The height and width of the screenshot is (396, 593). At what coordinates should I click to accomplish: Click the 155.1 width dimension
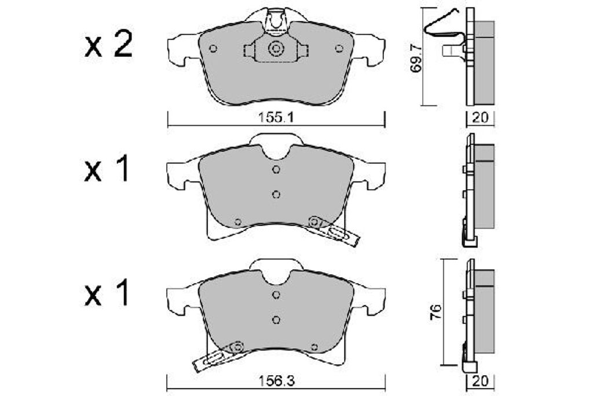pyautogui.click(x=276, y=118)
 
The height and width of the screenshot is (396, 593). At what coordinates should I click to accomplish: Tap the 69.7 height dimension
pyautogui.click(x=416, y=58)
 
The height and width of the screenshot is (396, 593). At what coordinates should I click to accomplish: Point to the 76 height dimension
pyautogui.click(x=437, y=313)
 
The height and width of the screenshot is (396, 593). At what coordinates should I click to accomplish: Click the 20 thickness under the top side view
pyautogui.click(x=480, y=118)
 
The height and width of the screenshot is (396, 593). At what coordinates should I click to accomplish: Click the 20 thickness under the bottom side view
pyautogui.click(x=480, y=382)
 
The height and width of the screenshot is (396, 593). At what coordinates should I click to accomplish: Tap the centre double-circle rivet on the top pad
pyautogui.click(x=276, y=49)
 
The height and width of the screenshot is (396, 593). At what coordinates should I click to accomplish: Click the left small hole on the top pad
pyautogui.click(x=213, y=49)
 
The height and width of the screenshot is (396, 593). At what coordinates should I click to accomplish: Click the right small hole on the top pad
pyautogui.click(x=339, y=49)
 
